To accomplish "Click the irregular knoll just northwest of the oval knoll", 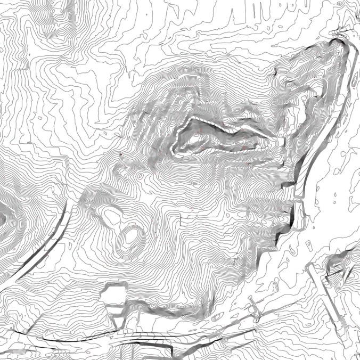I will (x=112, y=215).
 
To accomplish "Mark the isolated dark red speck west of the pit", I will (x=121, y=154).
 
